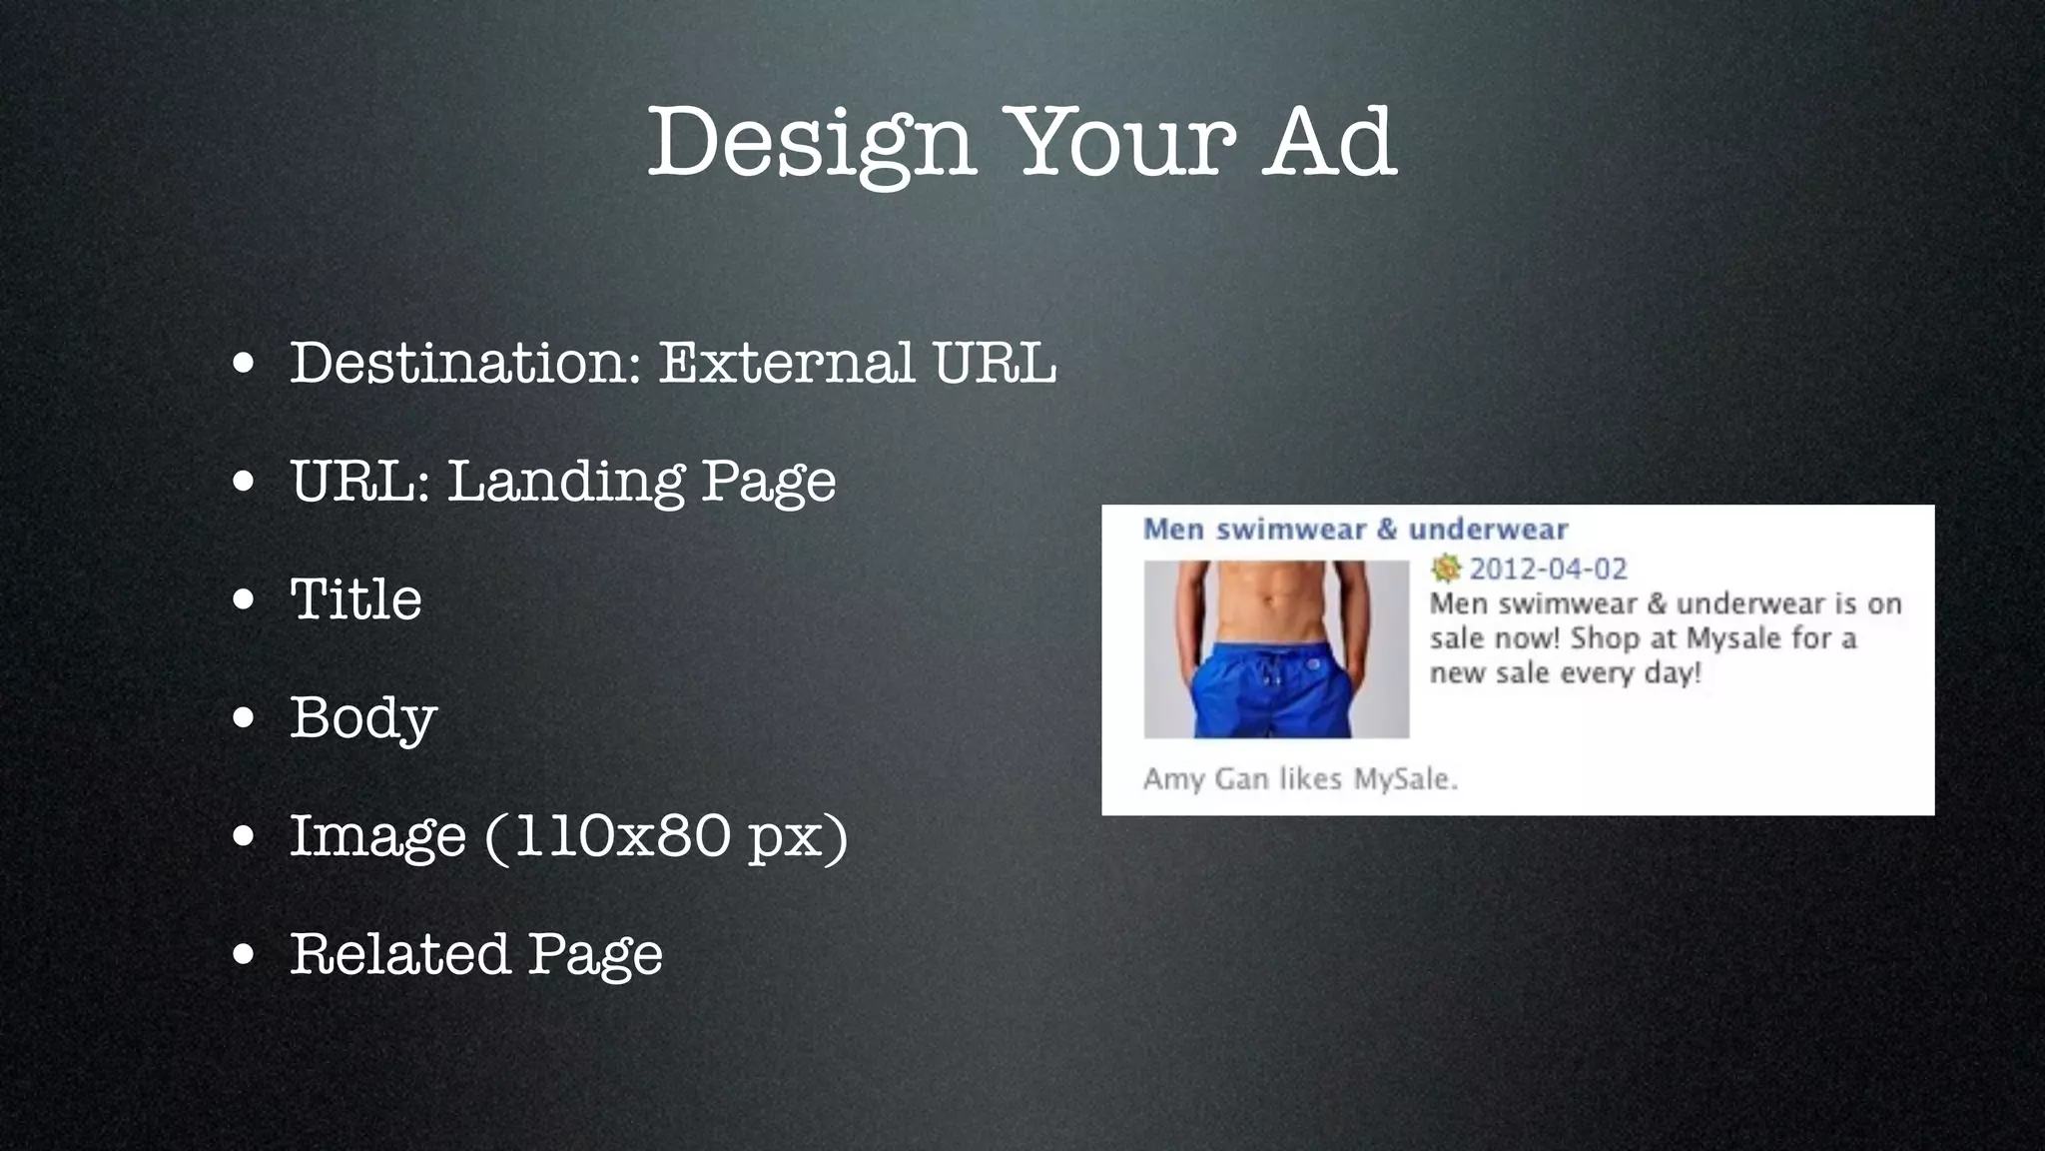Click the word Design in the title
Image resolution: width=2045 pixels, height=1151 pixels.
coord(811,142)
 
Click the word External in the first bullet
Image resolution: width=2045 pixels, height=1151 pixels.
coord(786,362)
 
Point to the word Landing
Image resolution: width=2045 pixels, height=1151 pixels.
coord(565,481)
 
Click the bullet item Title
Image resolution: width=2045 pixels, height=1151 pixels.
coord(355,599)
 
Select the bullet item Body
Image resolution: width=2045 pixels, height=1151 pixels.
coord(363,718)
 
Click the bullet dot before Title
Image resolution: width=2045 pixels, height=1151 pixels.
coord(244,601)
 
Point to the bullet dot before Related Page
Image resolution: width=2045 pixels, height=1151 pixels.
coord(244,956)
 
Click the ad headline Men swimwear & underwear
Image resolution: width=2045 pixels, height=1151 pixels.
coord(1355,529)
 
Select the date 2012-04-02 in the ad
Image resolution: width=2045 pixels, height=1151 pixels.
coord(1548,569)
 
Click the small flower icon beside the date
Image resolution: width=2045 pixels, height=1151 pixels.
coord(1445,569)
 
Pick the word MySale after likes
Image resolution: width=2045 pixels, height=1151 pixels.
coord(1404,778)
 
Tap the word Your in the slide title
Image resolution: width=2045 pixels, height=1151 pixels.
coord(1118,142)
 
